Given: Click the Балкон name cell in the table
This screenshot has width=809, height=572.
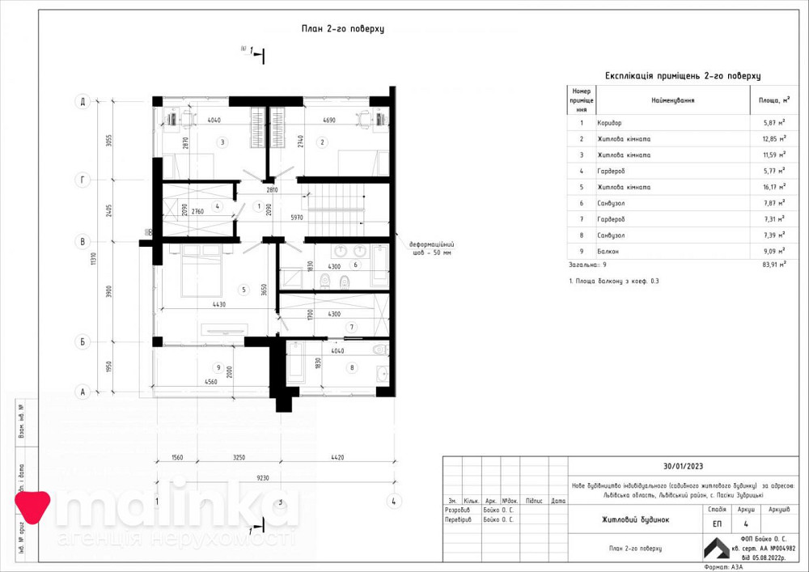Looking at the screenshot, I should pos(608,252).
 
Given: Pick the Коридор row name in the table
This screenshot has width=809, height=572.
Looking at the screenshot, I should pos(612,123).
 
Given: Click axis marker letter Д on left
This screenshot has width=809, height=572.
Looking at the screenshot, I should pos(82,102).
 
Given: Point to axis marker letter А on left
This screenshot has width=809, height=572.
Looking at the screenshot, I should pos(82,392).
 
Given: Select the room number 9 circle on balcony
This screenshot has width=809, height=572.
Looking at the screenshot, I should pos(218,367).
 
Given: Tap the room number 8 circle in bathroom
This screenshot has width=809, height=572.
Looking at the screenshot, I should pos(352,367).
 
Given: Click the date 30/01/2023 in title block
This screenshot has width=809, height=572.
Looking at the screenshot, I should pos(684,466).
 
